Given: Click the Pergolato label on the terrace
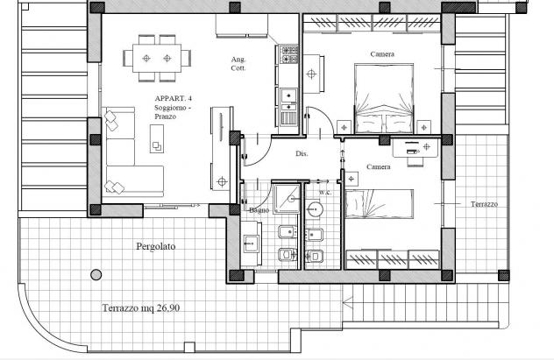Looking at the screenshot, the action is tap(156, 246).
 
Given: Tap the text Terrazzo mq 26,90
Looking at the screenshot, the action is tap(141, 308).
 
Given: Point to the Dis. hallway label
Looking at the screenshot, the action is tap(302, 153).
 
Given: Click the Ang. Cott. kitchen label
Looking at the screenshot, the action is tap(238, 64).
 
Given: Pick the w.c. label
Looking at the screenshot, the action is tap(325, 193).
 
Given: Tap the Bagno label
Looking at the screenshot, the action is tap(259, 210).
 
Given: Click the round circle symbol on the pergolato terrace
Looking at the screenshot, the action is tap(96, 274).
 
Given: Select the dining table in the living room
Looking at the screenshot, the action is tap(157, 58).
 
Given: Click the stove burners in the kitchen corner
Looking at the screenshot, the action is tap(289, 54).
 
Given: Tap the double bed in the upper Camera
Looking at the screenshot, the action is tap(384, 98).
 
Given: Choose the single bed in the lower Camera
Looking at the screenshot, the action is tap(379, 204).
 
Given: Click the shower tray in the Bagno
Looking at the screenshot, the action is tap(287, 198).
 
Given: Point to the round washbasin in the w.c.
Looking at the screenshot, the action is tap(314, 209).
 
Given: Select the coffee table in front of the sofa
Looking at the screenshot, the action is tap(157, 138).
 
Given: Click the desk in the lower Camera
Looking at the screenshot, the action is tap(415, 147).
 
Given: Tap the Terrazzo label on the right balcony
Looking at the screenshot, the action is tap(484, 204).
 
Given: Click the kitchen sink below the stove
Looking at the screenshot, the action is tap(288, 100).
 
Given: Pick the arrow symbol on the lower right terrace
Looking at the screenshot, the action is tap(348, 302).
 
